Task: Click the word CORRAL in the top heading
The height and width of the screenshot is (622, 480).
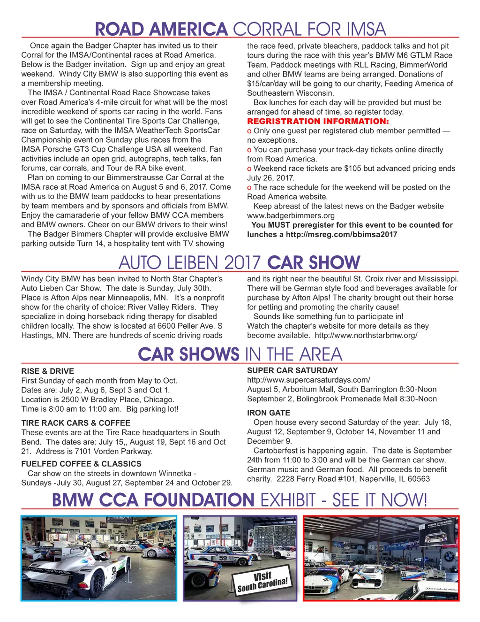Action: tap(267, 29)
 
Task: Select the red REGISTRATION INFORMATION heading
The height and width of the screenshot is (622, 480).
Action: tap(318, 121)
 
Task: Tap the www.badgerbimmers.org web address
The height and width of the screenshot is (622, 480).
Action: tap(291, 215)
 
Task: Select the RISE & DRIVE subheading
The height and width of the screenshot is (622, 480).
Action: tap(47, 371)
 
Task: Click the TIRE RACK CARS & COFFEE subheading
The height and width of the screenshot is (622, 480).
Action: tap(75, 423)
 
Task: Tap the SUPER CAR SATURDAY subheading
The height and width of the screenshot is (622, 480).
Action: tap(292, 370)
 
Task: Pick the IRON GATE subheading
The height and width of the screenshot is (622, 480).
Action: tap(268, 413)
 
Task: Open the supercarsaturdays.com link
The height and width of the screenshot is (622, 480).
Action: tap(308, 380)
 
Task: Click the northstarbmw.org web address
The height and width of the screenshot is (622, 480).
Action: tap(366, 335)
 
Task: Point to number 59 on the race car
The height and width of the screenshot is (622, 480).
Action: tap(223, 558)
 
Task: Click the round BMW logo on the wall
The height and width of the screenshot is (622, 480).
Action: tap(449, 558)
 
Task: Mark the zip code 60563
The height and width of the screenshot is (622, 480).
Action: tap(419, 479)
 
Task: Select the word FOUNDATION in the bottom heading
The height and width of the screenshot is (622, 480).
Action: tap(199, 500)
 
